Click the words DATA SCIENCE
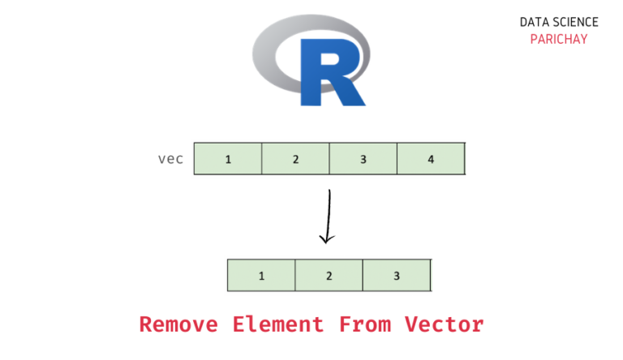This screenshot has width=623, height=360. [559, 23]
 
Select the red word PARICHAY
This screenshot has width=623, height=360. [559, 39]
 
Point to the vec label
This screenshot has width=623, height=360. [170, 159]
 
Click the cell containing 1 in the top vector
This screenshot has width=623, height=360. [228, 159]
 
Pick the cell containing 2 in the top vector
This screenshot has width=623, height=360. [295, 159]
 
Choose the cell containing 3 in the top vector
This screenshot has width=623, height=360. [363, 159]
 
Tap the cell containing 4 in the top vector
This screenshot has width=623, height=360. [431, 159]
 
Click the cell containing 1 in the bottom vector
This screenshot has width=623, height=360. [261, 276]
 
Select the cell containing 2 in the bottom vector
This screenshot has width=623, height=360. [329, 276]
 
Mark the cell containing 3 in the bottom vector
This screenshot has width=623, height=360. [396, 276]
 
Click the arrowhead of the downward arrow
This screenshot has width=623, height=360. [327, 238]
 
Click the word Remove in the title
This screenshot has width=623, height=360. [178, 325]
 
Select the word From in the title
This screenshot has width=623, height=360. [364, 325]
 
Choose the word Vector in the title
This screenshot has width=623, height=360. [445, 325]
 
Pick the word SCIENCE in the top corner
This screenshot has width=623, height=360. [576, 23]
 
